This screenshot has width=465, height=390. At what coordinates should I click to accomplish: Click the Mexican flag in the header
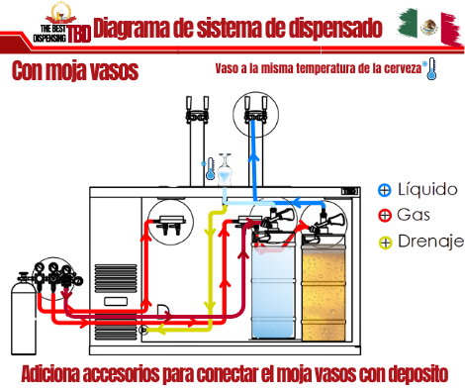coord(429,27)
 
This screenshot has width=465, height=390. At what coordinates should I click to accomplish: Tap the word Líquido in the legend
coord(427,189)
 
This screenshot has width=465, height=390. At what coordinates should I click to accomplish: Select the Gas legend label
coord(414,215)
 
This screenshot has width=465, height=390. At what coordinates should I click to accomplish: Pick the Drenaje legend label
coord(430,242)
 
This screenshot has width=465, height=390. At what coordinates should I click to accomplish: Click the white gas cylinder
coord(24,315)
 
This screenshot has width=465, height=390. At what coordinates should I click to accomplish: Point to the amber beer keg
coord(324,290)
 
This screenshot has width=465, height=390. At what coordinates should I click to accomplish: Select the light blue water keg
coord(273,290)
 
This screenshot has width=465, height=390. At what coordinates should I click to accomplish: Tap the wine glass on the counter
coord(225,169)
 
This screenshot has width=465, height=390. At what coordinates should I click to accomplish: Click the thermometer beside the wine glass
coord(210,168)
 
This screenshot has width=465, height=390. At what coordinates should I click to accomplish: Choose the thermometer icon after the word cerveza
coord(431,68)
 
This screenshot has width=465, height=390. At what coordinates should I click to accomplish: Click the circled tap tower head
coord(255,111)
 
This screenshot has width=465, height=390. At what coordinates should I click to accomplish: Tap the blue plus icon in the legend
coord(385,190)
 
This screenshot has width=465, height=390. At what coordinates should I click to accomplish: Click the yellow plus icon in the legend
coord(385,243)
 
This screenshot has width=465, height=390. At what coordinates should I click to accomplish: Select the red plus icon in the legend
coord(385,216)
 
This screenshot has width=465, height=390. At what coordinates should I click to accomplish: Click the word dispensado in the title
coord(335,28)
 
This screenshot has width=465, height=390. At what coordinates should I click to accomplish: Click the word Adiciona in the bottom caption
coord(50,374)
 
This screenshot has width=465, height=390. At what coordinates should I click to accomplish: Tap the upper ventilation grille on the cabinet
coord(116,278)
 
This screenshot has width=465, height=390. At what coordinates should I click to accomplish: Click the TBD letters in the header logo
coord(79,34)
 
